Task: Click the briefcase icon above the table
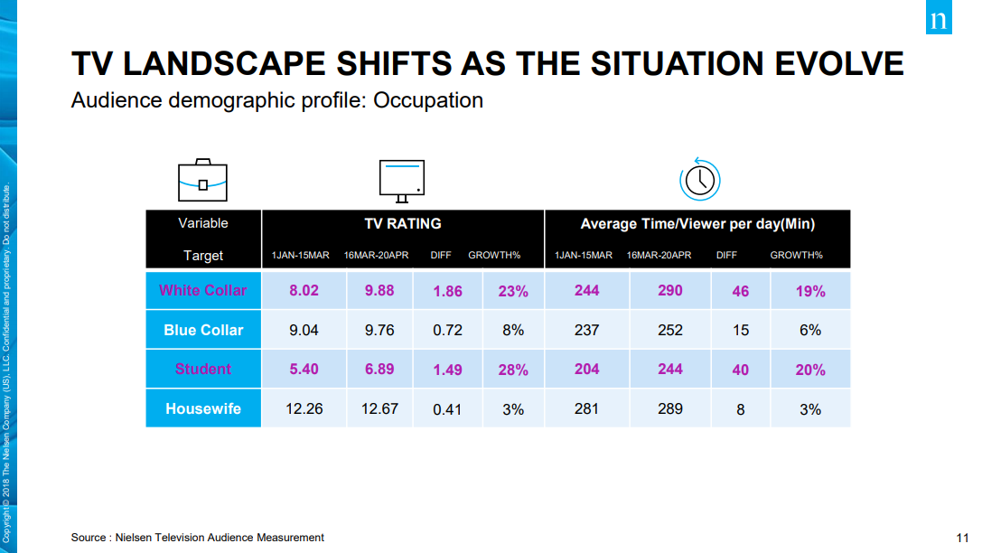point(202,181)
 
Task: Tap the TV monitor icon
point(402,181)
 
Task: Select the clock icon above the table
point(699,180)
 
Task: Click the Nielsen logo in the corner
point(939,17)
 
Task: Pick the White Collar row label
point(203,291)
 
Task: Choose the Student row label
point(203,370)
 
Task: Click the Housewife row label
point(203,409)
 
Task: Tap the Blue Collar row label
point(203,330)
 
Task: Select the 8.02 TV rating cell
point(304,291)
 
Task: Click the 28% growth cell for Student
point(513,370)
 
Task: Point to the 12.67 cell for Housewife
point(379,409)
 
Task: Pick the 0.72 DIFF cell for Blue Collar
point(447,330)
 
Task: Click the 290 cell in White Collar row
point(670,291)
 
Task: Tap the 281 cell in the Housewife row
point(586,409)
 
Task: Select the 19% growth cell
point(810,291)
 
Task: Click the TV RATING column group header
point(403,223)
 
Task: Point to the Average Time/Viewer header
point(697,224)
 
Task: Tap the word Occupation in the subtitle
point(428,100)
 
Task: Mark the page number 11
point(963,538)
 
